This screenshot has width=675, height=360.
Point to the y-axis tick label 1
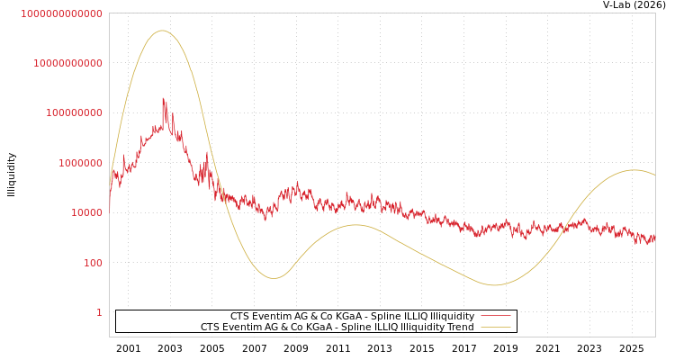[99, 312]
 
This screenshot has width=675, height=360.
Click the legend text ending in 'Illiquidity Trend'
[337, 328]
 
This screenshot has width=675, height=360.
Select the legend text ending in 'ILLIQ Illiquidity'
[352, 317]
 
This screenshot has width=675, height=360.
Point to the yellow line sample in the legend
[495, 328]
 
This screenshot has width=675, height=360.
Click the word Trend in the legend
[459, 328]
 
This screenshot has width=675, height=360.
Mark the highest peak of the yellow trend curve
[162, 31]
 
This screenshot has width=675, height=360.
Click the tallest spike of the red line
[163, 98]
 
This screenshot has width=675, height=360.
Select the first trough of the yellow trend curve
[274, 278]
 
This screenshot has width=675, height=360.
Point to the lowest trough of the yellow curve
[493, 285]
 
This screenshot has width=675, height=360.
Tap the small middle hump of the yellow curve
[355, 225]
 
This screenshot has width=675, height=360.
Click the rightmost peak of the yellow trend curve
[634, 169]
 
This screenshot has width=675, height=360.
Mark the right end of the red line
[654, 238]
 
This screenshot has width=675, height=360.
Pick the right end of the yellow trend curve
[654, 175]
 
